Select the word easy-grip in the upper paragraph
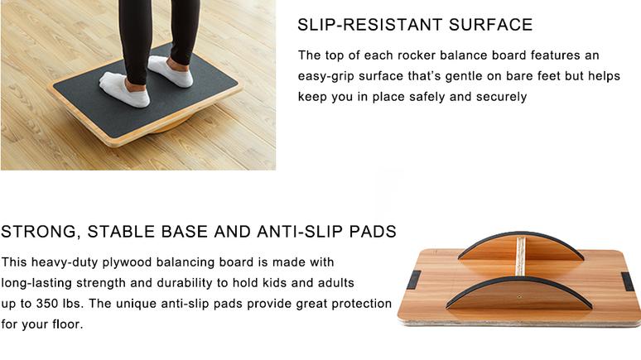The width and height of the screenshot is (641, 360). click(328, 76)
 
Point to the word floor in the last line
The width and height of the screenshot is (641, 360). click(64, 324)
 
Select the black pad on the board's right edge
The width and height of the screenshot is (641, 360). click(629, 281)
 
